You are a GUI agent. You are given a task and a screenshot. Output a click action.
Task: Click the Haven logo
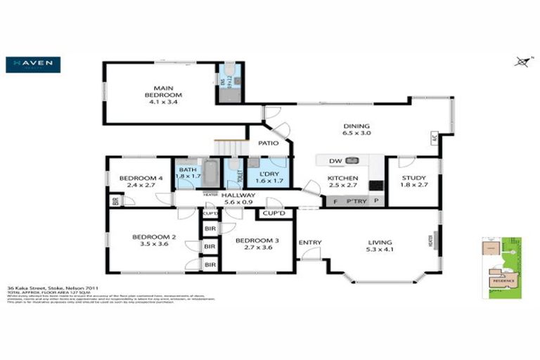point(33,65)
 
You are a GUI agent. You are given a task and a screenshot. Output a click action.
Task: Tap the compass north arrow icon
point(521,62)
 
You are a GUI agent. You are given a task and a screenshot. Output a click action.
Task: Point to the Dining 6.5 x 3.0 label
point(356,128)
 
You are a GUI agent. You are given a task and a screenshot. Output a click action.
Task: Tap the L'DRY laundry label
point(268,178)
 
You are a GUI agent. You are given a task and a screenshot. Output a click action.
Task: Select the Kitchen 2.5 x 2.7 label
point(343,183)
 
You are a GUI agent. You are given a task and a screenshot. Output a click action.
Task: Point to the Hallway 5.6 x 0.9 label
point(238,198)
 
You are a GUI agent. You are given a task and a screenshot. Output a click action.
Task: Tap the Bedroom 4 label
point(141,182)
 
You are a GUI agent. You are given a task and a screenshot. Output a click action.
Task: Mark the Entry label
point(309,243)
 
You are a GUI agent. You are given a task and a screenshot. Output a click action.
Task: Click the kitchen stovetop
point(375,186)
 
